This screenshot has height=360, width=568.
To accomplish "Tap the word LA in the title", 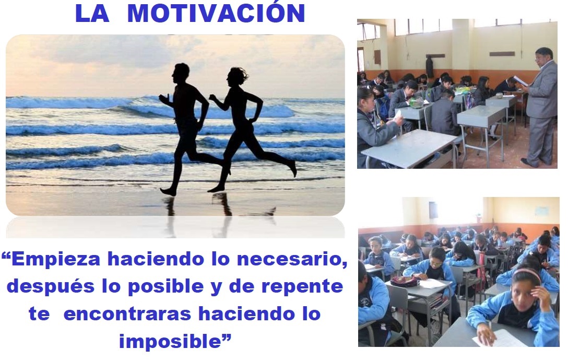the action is click(x=92, y=14).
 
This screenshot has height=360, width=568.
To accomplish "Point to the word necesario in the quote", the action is click(x=289, y=260).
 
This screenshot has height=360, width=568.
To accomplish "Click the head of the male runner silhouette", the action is click(x=181, y=73).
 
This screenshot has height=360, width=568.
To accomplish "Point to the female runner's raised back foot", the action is click(x=292, y=169).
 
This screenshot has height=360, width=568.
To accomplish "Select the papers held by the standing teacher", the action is click(x=520, y=81).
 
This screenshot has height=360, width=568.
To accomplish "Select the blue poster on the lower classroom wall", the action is click(x=542, y=212).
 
